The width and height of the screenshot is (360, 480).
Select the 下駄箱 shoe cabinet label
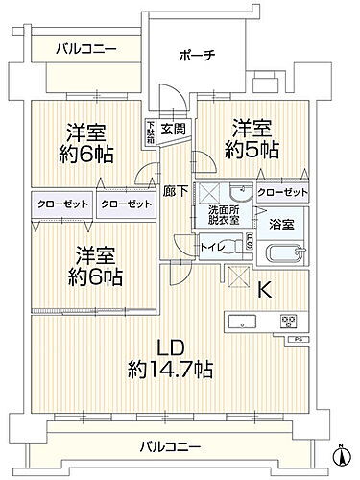coord(149,130)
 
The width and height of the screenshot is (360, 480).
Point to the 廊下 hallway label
coord(171,190)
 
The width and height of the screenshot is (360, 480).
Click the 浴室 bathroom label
coord(281,225)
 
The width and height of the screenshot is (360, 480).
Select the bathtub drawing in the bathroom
coord(285,256)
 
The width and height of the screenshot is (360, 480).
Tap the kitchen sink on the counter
coord(239,320)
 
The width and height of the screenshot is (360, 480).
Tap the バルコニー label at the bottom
coord(169,446)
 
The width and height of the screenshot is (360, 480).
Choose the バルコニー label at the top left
coord(84,47)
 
